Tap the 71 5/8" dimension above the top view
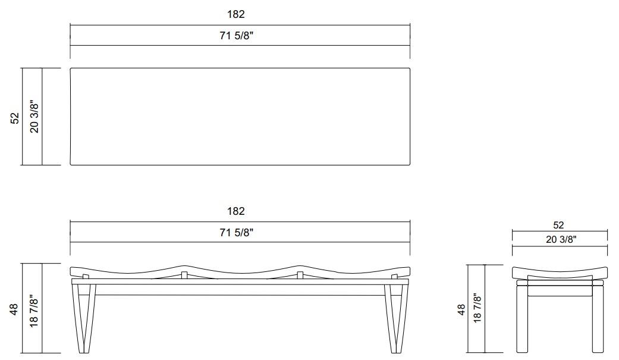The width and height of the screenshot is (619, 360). (x=237, y=36)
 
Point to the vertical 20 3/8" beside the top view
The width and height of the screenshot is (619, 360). (x=34, y=116)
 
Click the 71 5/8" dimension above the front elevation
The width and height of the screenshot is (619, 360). (x=237, y=233)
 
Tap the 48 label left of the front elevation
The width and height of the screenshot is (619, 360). (x=15, y=309)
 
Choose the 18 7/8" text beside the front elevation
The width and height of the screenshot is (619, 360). (x=34, y=309)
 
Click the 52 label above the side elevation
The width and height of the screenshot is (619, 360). (x=558, y=225)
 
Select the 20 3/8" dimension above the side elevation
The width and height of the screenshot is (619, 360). (x=558, y=239)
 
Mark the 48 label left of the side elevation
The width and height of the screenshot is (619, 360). (x=461, y=309)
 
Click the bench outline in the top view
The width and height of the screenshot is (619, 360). (x=240, y=116)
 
